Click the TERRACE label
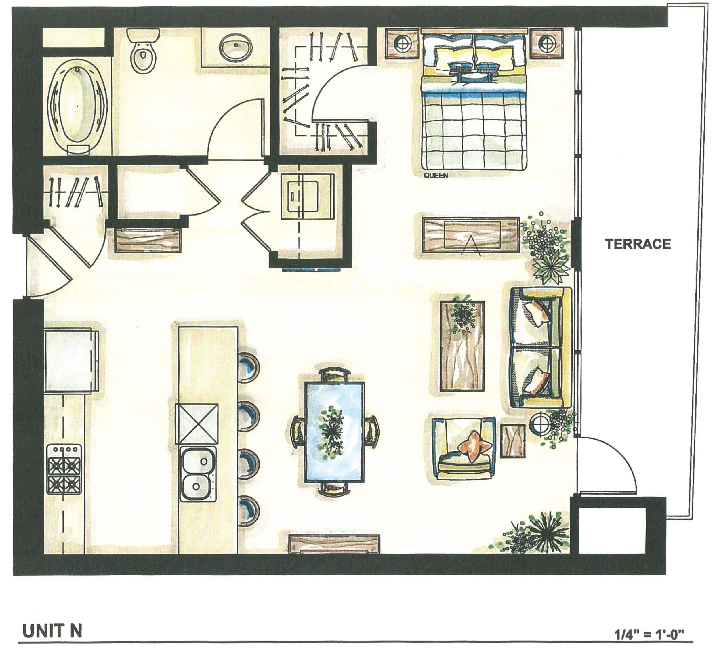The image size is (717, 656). [638, 244]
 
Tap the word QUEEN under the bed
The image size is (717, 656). [436, 176]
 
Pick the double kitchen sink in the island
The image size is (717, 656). [197, 474]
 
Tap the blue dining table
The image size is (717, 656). [334, 432]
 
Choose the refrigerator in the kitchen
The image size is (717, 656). [71, 360]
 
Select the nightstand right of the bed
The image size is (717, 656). [547, 44]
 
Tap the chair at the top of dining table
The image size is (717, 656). [334, 375]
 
